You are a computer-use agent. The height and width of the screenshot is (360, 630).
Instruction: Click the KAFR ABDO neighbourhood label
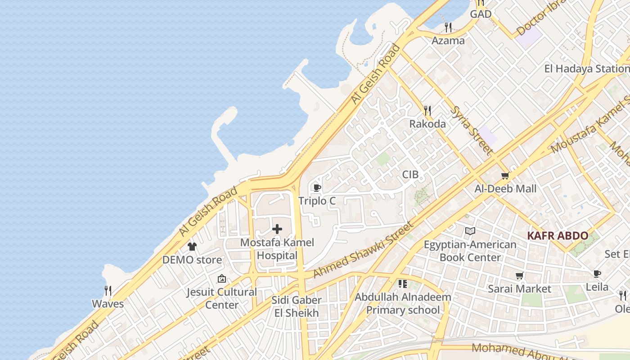tap(558, 236)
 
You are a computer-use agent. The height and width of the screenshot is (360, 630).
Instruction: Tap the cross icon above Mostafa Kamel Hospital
tap(277, 229)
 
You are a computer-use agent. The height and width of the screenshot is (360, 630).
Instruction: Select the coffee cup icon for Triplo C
tap(317, 188)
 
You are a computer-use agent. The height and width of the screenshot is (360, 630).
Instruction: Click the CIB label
tap(410, 175)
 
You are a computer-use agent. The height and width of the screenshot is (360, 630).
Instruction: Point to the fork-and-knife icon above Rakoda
tap(427, 110)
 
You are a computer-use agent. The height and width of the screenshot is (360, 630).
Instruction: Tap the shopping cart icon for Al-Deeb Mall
tap(505, 175)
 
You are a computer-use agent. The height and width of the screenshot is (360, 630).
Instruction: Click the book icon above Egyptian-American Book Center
tap(470, 231)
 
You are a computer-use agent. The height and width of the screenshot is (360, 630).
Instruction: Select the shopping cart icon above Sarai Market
tap(520, 275)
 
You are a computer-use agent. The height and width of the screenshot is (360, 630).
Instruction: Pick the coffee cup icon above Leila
tap(597, 274)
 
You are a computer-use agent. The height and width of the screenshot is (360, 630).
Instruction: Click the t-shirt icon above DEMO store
tap(192, 247)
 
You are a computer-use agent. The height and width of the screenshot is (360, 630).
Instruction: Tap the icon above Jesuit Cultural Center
tap(221, 279)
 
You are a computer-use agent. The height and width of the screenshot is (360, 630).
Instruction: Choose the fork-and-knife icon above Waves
tap(108, 290)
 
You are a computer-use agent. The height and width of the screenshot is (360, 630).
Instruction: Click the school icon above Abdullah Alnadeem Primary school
tap(402, 284)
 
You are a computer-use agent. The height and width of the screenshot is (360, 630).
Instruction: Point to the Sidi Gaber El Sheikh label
tap(297, 306)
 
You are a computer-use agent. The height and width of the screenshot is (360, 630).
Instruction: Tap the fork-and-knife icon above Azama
tap(448, 27)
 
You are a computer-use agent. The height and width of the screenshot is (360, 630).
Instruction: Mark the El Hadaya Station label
tap(586, 69)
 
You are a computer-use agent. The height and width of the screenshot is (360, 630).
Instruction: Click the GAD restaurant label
tap(481, 14)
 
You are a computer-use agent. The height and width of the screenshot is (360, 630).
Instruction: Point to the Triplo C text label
tap(317, 201)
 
